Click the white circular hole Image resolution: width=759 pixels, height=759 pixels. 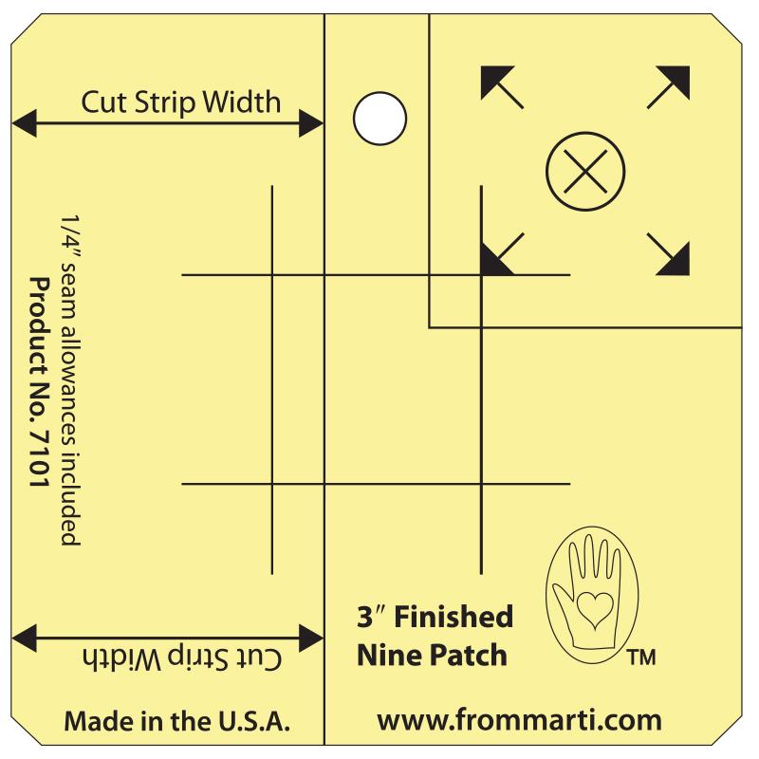point(379,119)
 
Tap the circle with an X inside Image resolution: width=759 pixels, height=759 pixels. point(585,173)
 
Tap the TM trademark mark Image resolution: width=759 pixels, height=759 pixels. point(641,657)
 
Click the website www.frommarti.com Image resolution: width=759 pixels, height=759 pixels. point(519,719)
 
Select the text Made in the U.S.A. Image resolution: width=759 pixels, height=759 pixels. point(176,720)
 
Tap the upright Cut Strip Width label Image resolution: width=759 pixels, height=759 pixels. point(181,101)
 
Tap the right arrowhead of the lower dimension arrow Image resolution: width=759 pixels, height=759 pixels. point(311,637)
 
